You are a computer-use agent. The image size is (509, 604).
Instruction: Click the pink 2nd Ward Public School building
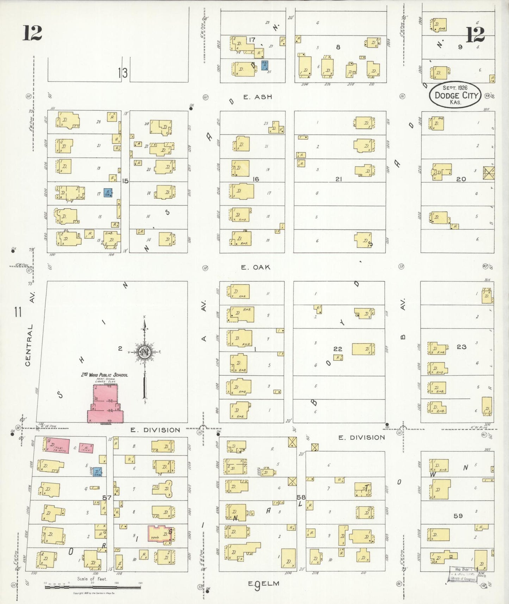[x=105, y=403]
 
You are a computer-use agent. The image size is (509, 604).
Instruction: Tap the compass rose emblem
[x=144, y=352]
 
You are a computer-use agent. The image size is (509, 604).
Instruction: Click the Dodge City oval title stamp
[x=455, y=95]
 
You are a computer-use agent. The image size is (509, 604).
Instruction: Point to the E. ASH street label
[x=257, y=97]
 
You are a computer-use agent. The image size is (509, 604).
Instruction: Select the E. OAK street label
[x=255, y=267]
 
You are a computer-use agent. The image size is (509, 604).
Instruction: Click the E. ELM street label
[x=263, y=584]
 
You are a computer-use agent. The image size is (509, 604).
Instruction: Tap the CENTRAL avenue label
[x=29, y=345]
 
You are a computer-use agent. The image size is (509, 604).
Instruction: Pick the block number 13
[x=123, y=73]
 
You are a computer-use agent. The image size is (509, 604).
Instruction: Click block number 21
[x=339, y=179]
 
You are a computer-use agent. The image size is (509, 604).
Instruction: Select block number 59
[x=458, y=516]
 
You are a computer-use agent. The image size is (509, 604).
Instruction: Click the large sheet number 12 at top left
[x=32, y=33]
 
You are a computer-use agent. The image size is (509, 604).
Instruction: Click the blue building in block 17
[x=265, y=65]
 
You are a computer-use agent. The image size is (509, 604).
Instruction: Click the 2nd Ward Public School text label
[x=105, y=375]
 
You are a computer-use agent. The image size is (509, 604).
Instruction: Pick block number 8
[x=338, y=47]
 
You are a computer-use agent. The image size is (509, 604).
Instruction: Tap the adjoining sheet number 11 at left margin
[x=18, y=312]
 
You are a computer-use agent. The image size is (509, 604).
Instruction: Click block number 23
[x=461, y=347]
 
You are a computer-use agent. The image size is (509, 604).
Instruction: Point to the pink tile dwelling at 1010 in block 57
[x=57, y=445]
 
